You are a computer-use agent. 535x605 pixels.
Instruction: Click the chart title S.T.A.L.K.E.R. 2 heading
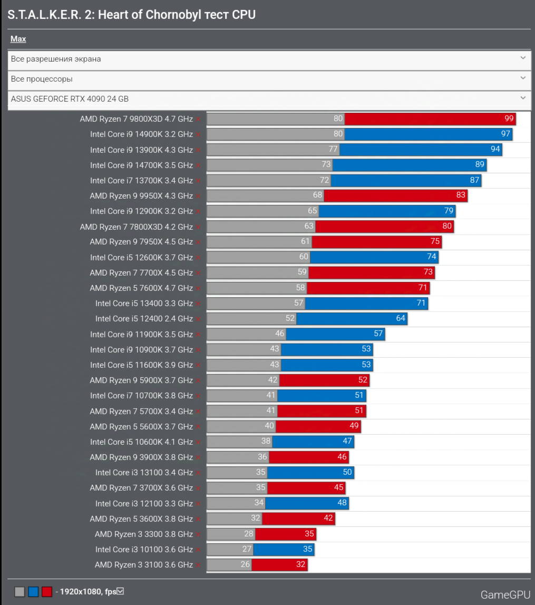[x=131, y=15]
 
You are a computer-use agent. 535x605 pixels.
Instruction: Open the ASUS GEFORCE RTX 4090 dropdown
[x=269, y=99]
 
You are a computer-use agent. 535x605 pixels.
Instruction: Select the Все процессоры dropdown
[x=269, y=79]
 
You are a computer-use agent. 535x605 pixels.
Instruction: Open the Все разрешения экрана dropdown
[x=269, y=59]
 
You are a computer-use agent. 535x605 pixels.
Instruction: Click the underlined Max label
[x=18, y=39]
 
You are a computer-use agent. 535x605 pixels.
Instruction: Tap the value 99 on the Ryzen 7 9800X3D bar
[x=509, y=119]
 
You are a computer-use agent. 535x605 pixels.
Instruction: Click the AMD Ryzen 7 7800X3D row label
[x=136, y=227]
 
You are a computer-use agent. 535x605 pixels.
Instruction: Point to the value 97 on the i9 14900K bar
[x=505, y=134]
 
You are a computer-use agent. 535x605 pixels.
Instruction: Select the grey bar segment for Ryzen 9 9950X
[x=265, y=196]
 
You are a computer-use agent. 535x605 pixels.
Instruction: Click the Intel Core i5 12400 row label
[x=144, y=318]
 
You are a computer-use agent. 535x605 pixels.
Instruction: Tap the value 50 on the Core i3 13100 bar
[x=347, y=472]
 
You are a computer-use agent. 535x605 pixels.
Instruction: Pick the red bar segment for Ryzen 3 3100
[x=279, y=564]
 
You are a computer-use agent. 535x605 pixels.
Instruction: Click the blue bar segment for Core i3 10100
[x=284, y=549]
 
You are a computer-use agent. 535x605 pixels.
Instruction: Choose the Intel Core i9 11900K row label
[x=141, y=334]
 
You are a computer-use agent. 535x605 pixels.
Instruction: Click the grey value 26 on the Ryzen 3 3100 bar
[x=245, y=564]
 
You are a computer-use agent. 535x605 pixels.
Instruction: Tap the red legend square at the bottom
[x=47, y=592]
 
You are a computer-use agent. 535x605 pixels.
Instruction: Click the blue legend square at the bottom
[x=34, y=592]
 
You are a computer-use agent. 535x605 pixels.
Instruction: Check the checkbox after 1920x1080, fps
[x=120, y=591]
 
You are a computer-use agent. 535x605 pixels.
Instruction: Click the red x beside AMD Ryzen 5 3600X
[x=198, y=519]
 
